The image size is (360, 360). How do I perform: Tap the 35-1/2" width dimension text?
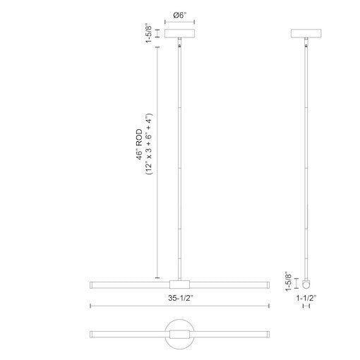pos(181,297)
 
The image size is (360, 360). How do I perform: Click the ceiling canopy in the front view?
pos(181,34)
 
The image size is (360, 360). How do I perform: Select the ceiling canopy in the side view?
pos(307,34)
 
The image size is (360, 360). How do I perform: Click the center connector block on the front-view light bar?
pos(181,284)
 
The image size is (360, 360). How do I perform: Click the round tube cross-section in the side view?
pos(307,284)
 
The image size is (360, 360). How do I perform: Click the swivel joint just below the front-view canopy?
pos(181,45)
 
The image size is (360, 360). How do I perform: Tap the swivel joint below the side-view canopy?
pos(307,45)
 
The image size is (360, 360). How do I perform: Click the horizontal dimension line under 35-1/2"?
pos(181,306)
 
